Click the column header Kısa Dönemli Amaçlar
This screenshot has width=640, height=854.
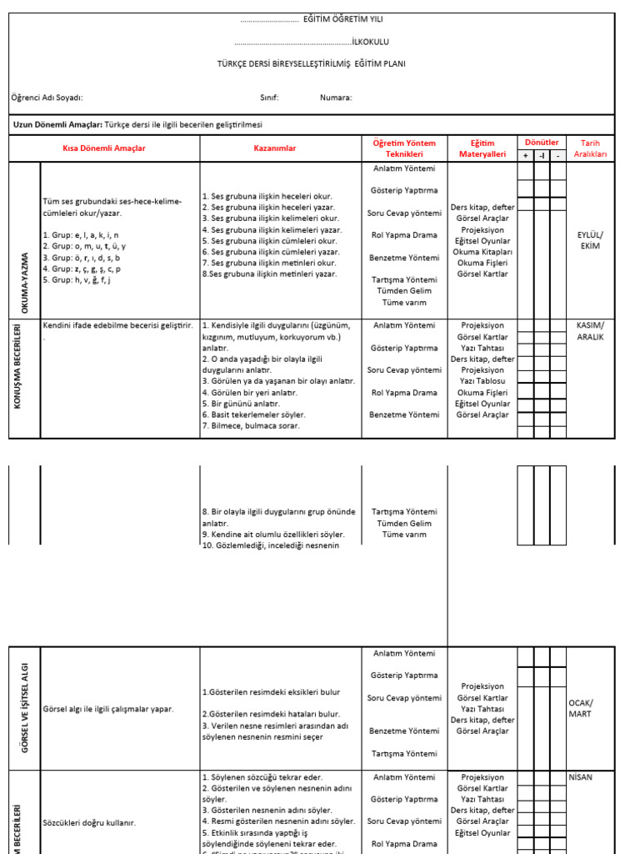[104, 148]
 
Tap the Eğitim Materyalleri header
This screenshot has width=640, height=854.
[482, 148]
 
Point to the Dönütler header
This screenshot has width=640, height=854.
[542, 143]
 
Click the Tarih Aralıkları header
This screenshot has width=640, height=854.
[590, 148]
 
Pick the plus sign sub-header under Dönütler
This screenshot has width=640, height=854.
[525, 155]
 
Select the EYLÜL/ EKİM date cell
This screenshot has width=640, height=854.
[589, 240]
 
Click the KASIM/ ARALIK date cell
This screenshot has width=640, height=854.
[590, 331]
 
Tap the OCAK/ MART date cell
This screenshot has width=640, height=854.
[580, 708]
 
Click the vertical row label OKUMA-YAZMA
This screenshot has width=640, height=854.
[25, 281]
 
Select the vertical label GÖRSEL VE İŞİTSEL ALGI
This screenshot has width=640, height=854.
[25, 708]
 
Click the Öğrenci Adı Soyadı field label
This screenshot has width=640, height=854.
[47, 98]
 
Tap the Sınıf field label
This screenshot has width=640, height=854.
[269, 98]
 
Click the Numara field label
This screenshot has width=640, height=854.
[336, 98]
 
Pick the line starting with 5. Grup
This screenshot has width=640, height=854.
[81, 280]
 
